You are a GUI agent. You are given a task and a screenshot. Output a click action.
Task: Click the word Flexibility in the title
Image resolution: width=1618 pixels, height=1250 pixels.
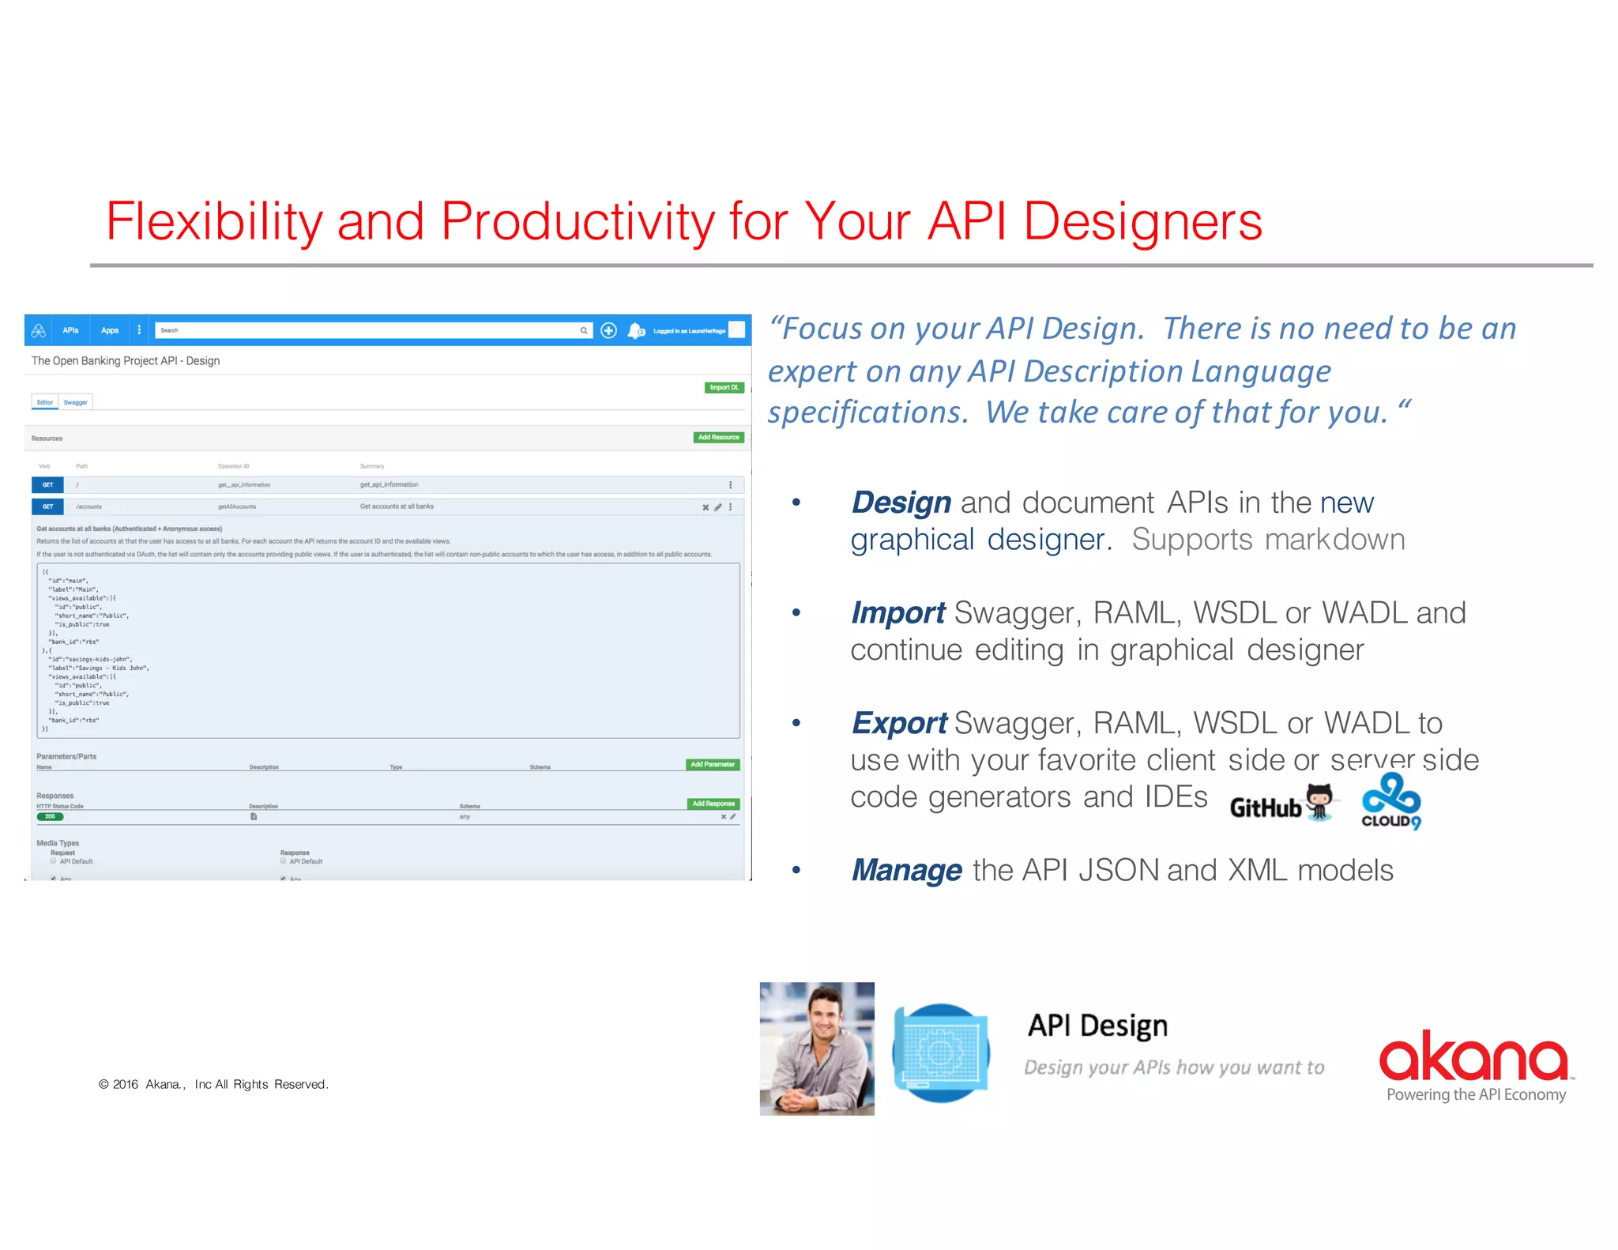214,222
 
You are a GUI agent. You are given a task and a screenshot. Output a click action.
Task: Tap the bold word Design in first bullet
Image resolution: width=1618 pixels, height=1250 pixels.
901,503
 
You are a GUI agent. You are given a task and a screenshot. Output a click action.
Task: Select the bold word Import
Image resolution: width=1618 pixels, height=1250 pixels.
897,613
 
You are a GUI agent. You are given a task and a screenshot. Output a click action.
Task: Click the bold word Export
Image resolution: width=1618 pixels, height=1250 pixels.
899,723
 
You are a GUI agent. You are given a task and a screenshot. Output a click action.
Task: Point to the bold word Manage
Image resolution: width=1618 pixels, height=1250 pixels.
906,870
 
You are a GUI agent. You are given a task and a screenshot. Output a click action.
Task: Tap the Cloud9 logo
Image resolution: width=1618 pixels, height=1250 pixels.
1391,801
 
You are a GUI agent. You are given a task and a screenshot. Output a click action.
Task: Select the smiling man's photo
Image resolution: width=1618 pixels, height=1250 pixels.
817,1049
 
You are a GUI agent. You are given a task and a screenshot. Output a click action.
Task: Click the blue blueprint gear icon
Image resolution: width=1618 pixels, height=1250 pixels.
941,1052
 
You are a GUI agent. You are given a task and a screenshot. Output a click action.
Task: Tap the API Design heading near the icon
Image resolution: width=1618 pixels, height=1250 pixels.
1097,1026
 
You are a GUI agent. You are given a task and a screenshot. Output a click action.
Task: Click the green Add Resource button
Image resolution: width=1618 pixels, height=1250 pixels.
718,438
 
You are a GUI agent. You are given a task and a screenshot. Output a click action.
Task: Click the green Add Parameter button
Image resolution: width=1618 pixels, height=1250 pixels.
713,765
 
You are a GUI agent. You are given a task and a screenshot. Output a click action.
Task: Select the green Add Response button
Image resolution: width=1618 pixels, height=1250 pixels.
713,804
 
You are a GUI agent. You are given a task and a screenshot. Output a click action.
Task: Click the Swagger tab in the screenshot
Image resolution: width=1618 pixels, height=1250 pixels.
76,402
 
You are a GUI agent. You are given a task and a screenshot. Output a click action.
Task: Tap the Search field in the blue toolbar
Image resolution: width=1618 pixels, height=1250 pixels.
367,330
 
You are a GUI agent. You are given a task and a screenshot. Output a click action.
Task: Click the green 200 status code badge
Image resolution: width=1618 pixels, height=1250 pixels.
50,817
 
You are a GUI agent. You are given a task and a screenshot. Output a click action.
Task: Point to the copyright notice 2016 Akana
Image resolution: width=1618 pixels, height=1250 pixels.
213,1084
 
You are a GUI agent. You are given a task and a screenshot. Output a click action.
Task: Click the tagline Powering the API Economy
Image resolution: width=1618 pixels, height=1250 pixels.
1476,1094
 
